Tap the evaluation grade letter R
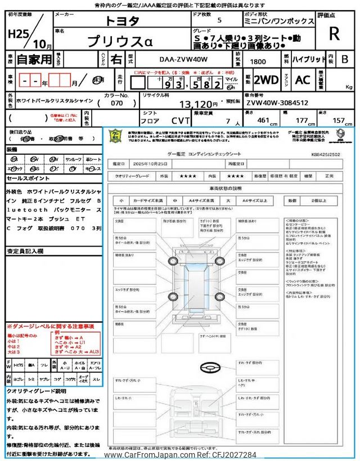pyautogui.click(x=334, y=33)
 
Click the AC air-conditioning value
pyautogui.click(x=303, y=79)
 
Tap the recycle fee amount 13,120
pyautogui.click(x=197, y=104)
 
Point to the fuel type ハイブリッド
pyautogui.click(x=307, y=58)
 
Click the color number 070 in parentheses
pyautogui.click(x=117, y=104)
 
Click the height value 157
pyautogui.click(x=340, y=120)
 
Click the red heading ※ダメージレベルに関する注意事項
pyautogui.click(x=50, y=326)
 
